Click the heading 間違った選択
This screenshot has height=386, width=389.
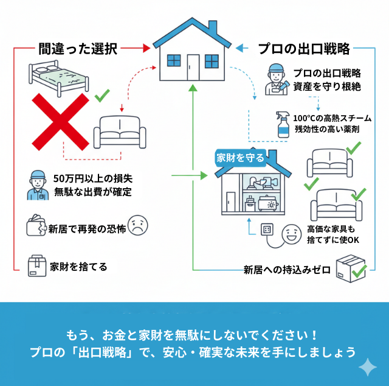77,48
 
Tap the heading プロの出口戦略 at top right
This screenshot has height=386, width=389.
303,48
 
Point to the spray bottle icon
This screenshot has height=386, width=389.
282,124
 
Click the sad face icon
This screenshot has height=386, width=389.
139,225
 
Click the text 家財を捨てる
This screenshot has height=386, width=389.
79,266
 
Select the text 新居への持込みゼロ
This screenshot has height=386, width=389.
287,268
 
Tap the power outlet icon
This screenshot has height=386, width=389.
267,230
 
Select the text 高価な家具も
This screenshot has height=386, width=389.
331,229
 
